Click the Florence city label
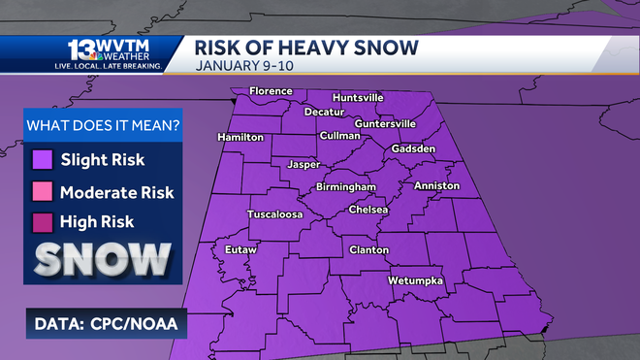(x=271, y=91)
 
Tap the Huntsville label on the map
(x=358, y=98)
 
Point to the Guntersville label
(x=385, y=124)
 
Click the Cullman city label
(x=339, y=135)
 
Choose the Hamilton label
(x=240, y=138)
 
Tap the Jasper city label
(x=304, y=165)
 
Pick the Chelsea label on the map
(x=368, y=210)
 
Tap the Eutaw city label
(x=240, y=250)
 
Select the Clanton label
(x=368, y=250)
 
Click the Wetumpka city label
(x=415, y=280)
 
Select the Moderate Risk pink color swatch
(x=42, y=191)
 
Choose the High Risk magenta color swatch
(x=42, y=222)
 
